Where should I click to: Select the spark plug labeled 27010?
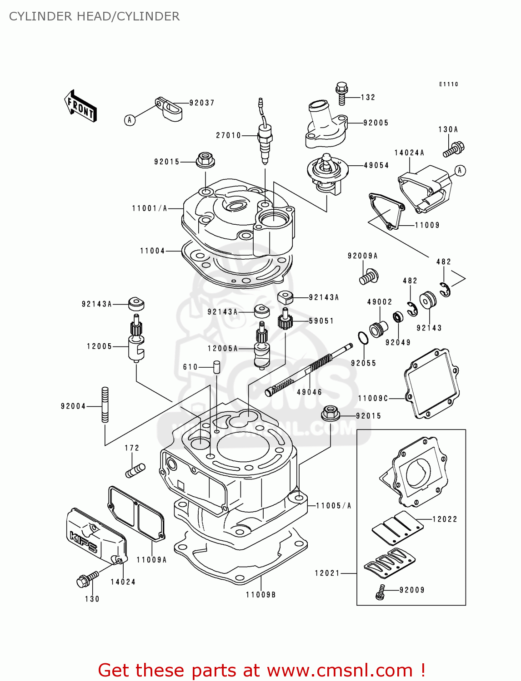(264, 136)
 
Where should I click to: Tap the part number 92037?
(202, 103)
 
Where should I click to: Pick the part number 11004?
(152, 251)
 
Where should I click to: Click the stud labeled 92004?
(105, 405)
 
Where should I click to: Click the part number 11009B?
(261, 595)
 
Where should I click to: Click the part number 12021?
(327, 573)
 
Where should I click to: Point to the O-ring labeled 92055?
(363, 338)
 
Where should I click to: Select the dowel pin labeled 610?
(217, 366)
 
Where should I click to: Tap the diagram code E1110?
(449, 84)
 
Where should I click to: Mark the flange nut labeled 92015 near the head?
(205, 160)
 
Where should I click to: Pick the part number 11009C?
(373, 399)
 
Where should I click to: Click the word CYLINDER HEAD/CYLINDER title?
(94, 16)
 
